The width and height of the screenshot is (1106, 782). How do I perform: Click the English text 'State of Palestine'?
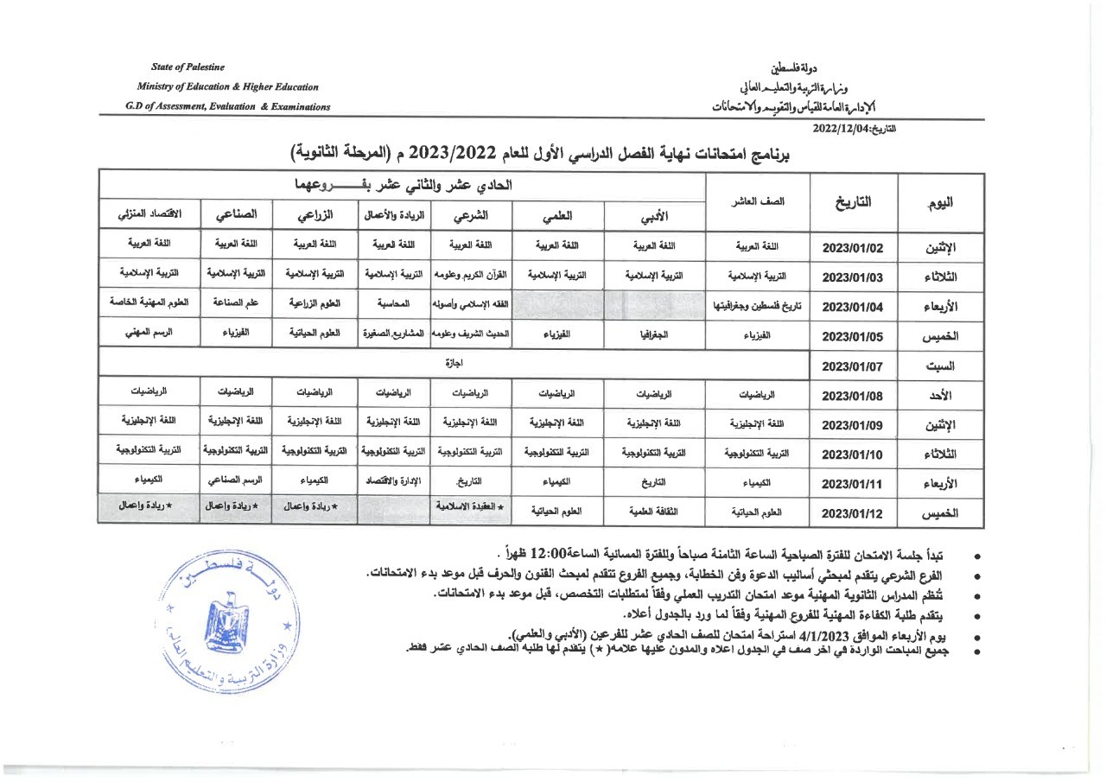pyautogui.click(x=188, y=67)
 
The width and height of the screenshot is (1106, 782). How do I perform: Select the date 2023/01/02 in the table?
pyautogui.click(x=853, y=247)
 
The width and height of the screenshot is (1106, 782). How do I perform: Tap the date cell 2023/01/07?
pyautogui.click(x=853, y=366)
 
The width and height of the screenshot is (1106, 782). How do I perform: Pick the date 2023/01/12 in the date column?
pyautogui.click(x=853, y=512)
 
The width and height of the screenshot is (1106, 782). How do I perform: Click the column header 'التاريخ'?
pyautogui.click(x=853, y=202)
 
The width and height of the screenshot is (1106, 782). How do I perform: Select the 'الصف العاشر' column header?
pyautogui.click(x=757, y=202)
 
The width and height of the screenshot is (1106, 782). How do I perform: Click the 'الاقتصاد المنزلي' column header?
pyautogui.click(x=148, y=213)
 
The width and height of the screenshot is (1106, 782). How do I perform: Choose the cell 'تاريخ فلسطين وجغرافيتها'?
pyautogui.click(x=757, y=306)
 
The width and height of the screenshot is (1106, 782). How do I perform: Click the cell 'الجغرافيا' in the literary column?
pyautogui.click(x=654, y=334)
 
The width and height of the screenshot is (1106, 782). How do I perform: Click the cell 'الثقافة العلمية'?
pyautogui.click(x=654, y=512)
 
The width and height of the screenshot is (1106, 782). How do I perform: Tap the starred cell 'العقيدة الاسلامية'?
pyautogui.click(x=471, y=506)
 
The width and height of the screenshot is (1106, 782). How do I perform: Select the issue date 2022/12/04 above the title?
pyautogui.click(x=842, y=129)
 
